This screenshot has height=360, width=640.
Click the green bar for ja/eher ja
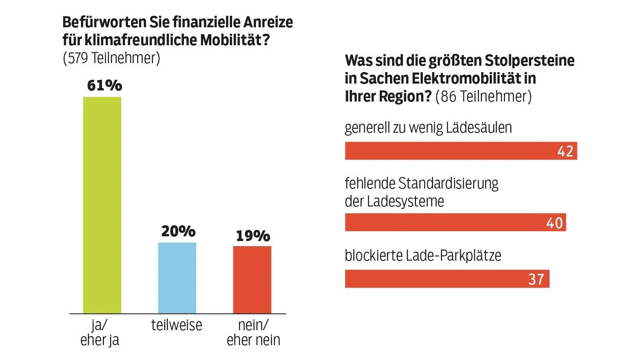point(102,205)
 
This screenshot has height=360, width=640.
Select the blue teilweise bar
point(177,278)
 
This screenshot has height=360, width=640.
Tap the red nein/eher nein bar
point(252,279)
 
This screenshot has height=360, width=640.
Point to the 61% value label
point(105,86)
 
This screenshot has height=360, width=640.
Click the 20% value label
point(178,232)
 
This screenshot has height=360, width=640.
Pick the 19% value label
point(253,236)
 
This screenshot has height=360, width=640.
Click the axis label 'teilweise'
point(177,325)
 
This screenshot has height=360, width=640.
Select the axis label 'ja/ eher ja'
point(100,332)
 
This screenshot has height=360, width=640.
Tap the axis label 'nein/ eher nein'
point(253,332)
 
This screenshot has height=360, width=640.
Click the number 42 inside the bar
point(565,151)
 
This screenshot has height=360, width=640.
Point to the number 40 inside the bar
point(554,223)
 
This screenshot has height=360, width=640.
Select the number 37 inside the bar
point(536,279)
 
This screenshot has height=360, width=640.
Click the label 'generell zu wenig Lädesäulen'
point(428,128)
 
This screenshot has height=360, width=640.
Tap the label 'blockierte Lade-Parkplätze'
point(423,255)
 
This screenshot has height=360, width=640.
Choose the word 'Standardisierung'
point(448,183)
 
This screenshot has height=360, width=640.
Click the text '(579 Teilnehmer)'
point(111,58)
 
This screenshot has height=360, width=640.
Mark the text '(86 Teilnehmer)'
point(483,96)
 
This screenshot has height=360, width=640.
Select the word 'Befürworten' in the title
point(104,22)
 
